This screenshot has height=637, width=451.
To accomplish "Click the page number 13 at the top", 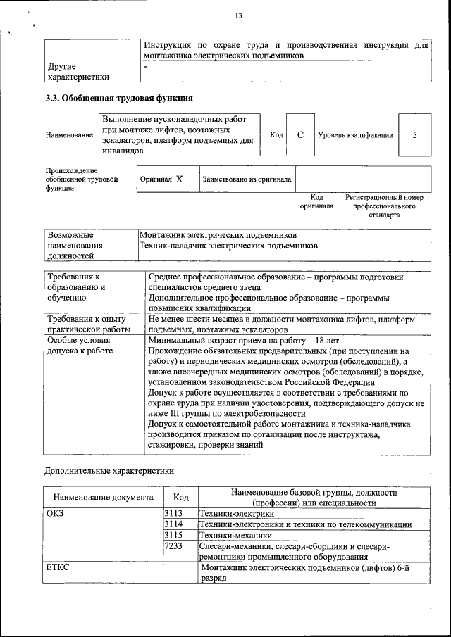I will [x=239, y=16].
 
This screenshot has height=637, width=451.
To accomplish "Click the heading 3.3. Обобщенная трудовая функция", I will [x=119, y=98].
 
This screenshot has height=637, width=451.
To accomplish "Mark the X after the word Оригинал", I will [x=179, y=179].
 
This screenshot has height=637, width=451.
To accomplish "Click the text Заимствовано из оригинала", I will [x=247, y=179].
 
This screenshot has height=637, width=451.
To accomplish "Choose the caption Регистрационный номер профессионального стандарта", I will [x=384, y=207].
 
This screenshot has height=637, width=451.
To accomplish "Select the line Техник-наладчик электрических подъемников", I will [x=228, y=246].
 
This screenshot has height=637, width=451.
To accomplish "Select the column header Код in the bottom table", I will [x=180, y=498].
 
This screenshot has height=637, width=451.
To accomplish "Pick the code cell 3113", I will [x=173, y=514].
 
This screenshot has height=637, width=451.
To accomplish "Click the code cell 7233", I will [x=173, y=547].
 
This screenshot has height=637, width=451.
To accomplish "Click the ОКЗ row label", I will [x=55, y=514].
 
